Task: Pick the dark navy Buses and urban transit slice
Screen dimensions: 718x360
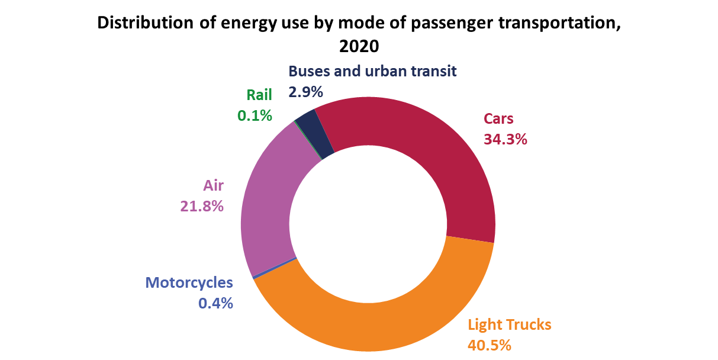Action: pyautogui.click(x=314, y=133)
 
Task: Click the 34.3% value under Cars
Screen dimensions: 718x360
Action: pyautogui.click(x=505, y=140)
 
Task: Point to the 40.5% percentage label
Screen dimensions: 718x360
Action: pyautogui.click(x=489, y=345)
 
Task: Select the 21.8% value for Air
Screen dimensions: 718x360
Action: pyautogui.click(x=202, y=206)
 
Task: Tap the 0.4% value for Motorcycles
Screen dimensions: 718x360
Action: pyautogui.click(x=215, y=303)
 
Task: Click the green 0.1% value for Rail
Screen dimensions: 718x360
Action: pyautogui.click(x=255, y=115)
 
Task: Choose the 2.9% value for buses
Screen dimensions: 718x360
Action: pyautogui.click(x=305, y=92)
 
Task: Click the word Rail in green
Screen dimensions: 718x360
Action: pyautogui.click(x=259, y=95)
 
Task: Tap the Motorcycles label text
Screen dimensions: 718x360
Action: pyautogui.click(x=189, y=283)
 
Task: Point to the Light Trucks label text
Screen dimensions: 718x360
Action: pyautogui.click(x=509, y=324)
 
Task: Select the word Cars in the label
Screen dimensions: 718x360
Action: pyautogui.click(x=498, y=118)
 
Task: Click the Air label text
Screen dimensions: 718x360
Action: pyautogui.click(x=213, y=185)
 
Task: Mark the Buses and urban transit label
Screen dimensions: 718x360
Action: pyautogui.click(x=372, y=71)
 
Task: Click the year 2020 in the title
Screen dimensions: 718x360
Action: pyautogui.click(x=359, y=46)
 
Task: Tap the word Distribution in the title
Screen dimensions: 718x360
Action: pyautogui.click(x=146, y=22)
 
